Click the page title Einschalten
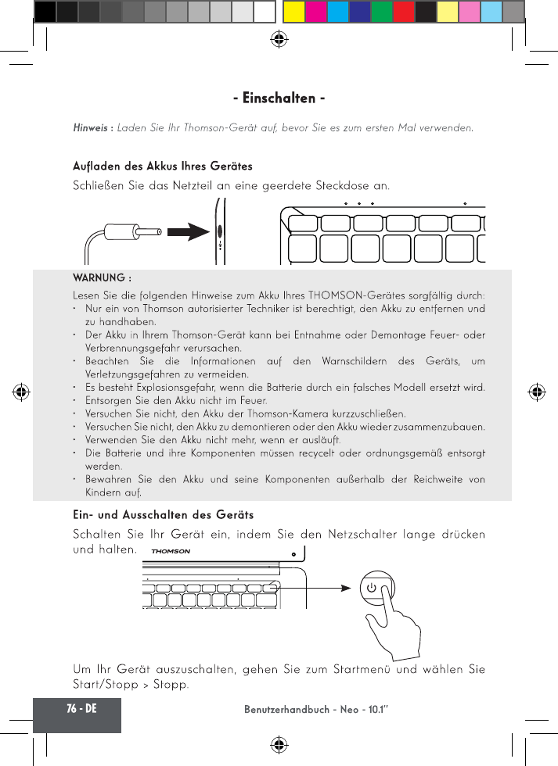279,98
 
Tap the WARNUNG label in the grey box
102,278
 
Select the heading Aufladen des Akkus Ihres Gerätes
163,166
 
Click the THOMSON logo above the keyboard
171,551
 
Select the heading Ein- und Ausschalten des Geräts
163,515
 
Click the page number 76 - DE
77,708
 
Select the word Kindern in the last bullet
103,492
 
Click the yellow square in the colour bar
293,11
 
